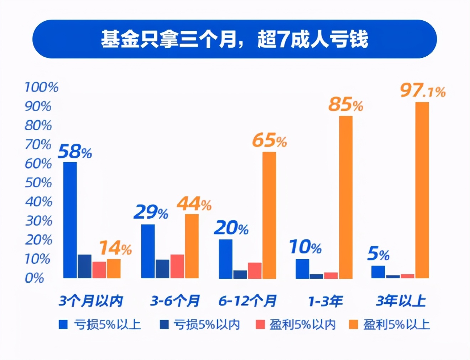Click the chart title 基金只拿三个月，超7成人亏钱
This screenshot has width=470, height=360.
(234, 39)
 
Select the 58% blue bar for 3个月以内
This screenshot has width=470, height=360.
(70, 220)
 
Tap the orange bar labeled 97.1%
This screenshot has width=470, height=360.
(422, 190)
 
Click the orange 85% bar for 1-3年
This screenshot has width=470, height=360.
(345, 197)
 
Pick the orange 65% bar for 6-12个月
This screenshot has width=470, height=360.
(269, 215)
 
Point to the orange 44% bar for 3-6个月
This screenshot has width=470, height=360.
(192, 246)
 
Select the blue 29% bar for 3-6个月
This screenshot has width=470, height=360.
(148, 251)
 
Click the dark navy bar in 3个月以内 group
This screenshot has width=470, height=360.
(85, 266)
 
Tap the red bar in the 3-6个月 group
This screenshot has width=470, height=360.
(177, 266)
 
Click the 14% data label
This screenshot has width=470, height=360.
(115, 248)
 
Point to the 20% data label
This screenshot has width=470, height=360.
(231, 228)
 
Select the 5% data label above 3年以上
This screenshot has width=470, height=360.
(378, 254)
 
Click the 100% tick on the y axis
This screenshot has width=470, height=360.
(41, 87)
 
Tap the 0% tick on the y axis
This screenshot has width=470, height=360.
(35, 278)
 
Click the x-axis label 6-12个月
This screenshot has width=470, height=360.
(247, 301)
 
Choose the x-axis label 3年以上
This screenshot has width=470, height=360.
(401, 301)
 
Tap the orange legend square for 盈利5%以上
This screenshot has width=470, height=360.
(353, 324)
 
